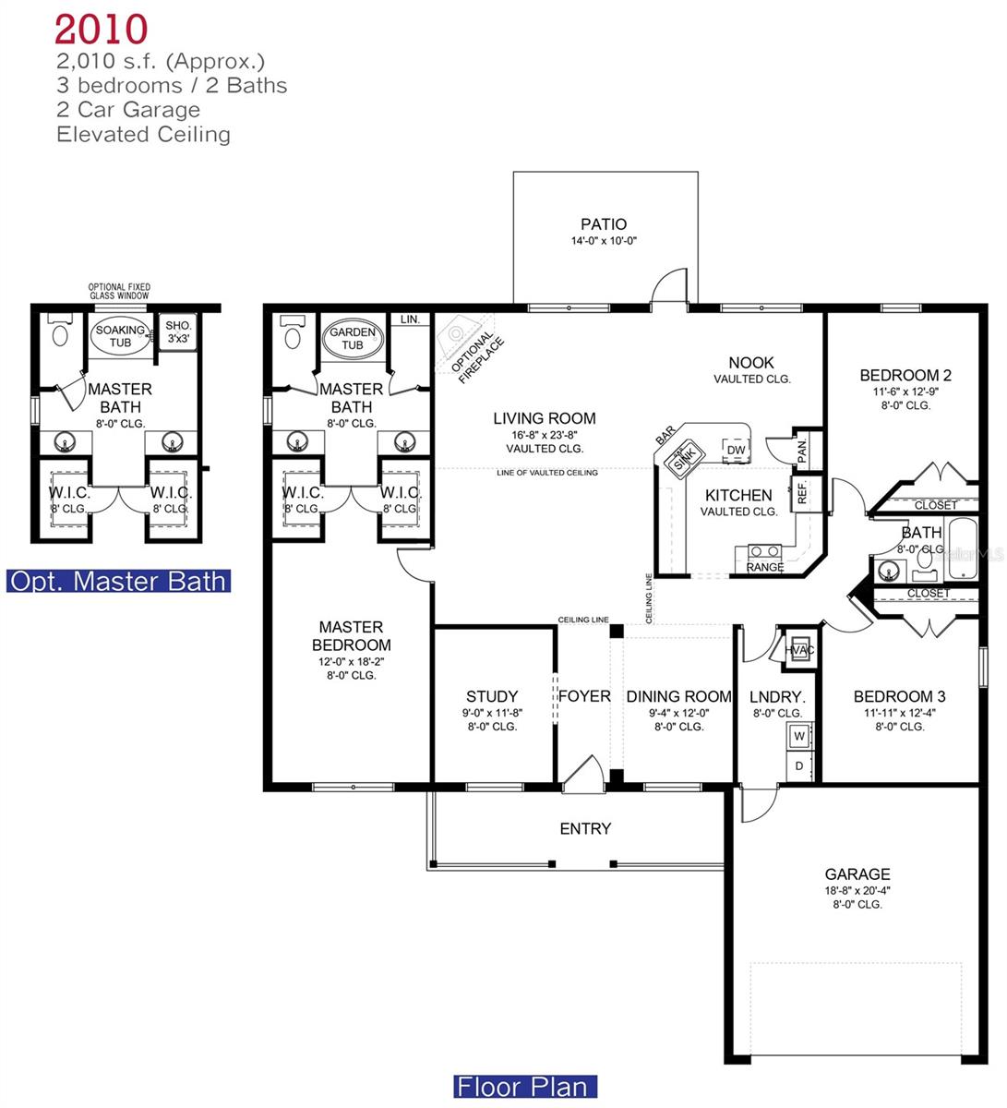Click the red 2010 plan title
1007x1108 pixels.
(x=101, y=29)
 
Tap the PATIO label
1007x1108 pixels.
(x=604, y=223)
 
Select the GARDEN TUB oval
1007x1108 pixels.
(x=353, y=339)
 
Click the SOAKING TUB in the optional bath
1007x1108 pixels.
(x=121, y=336)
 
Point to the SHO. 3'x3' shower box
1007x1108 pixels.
(x=177, y=332)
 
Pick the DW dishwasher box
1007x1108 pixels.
(x=736, y=450)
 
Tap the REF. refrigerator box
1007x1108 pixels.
(x=800, y=492)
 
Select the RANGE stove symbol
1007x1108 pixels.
(x=764, y=557)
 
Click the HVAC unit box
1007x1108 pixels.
(x=799, y=649)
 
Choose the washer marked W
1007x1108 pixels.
(x=799, y=736)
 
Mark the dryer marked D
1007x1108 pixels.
(x=799, y=765)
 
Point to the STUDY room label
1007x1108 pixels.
(x=492, y=696)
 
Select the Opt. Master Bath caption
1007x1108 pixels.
(x=117, y=581)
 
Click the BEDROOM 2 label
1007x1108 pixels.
(x=905, y=375)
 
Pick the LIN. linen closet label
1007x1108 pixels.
(x=410, y=319)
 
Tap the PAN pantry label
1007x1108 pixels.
(x=801, y=451)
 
